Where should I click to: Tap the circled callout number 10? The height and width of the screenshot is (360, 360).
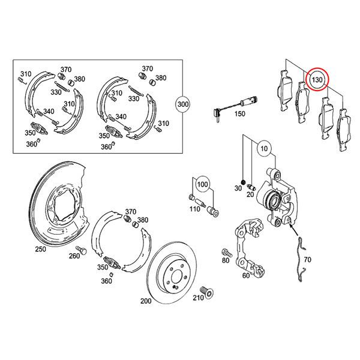click(264, 147)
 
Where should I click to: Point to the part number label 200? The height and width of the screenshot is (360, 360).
click(145, 301)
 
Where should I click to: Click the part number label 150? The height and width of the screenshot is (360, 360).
click(239, 114)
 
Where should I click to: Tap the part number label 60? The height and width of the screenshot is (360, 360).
click(245, 275)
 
